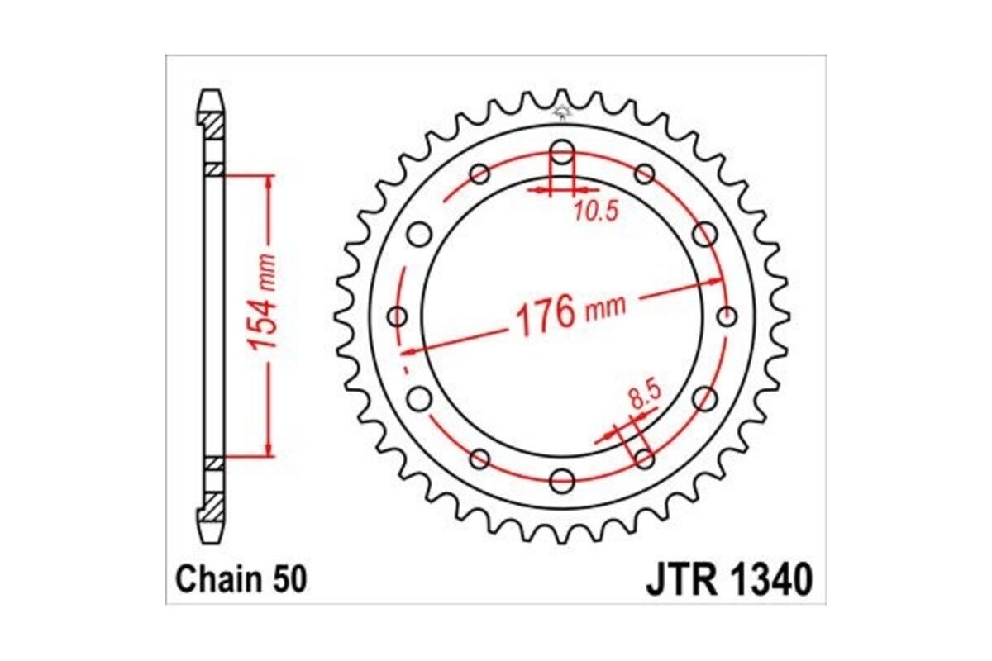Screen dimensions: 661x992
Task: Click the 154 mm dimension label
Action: (266, 316)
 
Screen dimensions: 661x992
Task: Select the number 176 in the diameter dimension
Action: (545, 316)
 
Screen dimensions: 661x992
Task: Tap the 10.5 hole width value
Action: (594, 212)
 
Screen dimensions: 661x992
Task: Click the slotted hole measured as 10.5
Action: (562, 157)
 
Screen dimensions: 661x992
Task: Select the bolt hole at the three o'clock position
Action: (727, 316)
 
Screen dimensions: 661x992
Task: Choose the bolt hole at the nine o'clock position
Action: (398, 316)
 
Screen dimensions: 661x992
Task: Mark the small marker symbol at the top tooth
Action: (562, 111)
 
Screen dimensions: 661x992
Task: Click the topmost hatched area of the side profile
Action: (211, 126)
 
